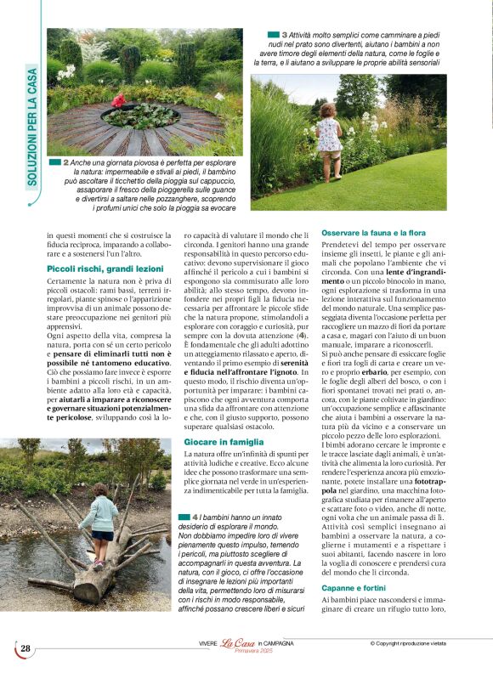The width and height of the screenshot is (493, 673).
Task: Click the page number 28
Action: pyautogui.click(x=25, y=649)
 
